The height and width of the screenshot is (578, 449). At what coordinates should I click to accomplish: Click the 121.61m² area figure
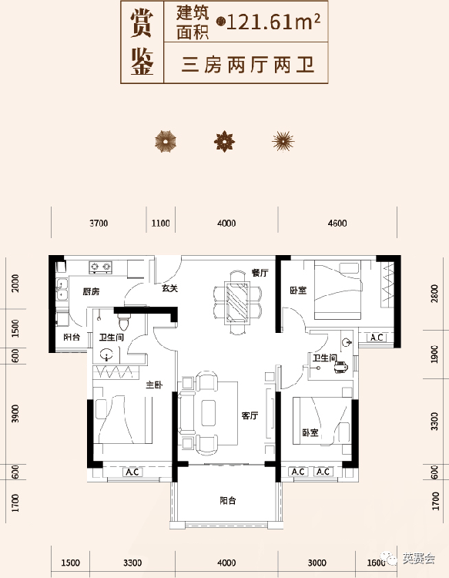[273, 22]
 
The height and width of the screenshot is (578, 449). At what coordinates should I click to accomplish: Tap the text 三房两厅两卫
[247, 65]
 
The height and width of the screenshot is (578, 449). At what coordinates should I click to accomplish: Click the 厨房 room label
[91, 291]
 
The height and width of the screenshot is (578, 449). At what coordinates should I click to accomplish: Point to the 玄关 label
[169, 288]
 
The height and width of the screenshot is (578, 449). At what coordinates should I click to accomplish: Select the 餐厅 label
[260, 273]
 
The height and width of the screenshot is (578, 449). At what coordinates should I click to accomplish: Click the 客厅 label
[250, 415]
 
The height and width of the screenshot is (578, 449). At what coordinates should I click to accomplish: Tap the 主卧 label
[154, 385]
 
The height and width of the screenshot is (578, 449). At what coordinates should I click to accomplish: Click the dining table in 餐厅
[238, 302]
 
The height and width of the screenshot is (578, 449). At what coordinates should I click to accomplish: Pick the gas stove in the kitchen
[101, 267]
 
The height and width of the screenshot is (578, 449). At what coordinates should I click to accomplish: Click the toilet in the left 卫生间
[124, 322]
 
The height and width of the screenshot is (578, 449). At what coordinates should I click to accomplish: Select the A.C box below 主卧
[132, 472]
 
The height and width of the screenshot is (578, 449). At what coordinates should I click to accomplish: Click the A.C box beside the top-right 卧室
[377, 338]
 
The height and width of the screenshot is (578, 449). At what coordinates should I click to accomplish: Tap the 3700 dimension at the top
[99, 223]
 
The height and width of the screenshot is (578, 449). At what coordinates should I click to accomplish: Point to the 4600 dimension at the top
[337, 223]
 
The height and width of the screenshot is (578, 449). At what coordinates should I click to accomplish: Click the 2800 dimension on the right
[434, 294]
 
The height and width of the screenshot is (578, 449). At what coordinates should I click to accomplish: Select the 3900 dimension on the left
[15, 414]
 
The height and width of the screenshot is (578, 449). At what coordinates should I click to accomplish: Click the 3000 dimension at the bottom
[317, 563]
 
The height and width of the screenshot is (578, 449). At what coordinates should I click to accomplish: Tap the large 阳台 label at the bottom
[228, 501]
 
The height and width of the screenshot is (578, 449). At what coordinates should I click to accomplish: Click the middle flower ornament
[224, 141]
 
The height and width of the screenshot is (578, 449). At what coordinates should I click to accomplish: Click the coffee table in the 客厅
[208, 413]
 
